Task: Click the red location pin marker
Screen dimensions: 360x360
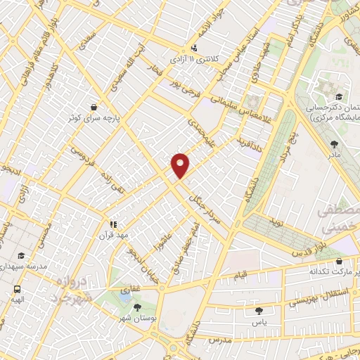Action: pos(181,165)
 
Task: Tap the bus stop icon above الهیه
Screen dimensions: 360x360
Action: pos(16,289)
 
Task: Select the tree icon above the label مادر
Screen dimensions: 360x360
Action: pos(334,143)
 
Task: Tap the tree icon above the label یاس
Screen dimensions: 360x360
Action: pos(259,310)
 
